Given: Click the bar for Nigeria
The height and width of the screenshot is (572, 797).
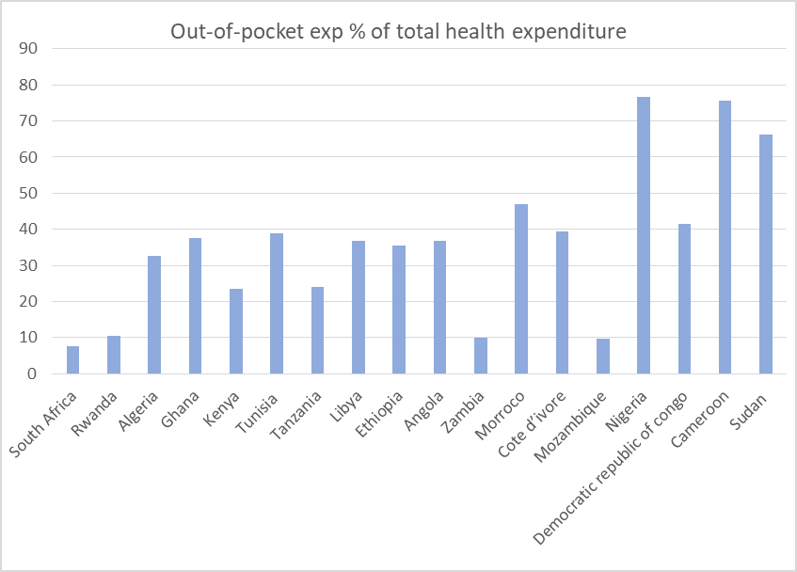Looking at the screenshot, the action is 643,235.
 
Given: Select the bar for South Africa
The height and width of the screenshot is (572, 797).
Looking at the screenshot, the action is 72,359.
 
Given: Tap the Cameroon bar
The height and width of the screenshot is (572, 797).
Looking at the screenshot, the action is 725,237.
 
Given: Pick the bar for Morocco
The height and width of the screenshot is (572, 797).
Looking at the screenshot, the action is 521,289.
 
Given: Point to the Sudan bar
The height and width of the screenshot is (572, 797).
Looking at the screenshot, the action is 766,254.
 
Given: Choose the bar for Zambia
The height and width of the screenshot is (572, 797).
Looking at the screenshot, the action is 480,356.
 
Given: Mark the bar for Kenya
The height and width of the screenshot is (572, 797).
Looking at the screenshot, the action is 236,331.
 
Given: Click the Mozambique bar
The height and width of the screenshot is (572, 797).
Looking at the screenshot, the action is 603,357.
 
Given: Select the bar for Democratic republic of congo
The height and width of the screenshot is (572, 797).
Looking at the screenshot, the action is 684,298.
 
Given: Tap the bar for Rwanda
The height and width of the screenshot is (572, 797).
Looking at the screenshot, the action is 114,355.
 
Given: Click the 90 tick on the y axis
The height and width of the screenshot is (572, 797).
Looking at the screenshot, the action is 28,48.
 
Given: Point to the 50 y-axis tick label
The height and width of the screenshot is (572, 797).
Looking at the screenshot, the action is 28,193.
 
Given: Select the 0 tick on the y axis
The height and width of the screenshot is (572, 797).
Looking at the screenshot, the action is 33,373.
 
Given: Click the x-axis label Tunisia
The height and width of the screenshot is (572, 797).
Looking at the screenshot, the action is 257,413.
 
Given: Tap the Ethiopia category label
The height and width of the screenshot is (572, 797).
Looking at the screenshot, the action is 378,414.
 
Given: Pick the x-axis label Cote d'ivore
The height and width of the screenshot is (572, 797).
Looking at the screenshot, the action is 531,424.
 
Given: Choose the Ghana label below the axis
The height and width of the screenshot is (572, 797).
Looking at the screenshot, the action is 180,409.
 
